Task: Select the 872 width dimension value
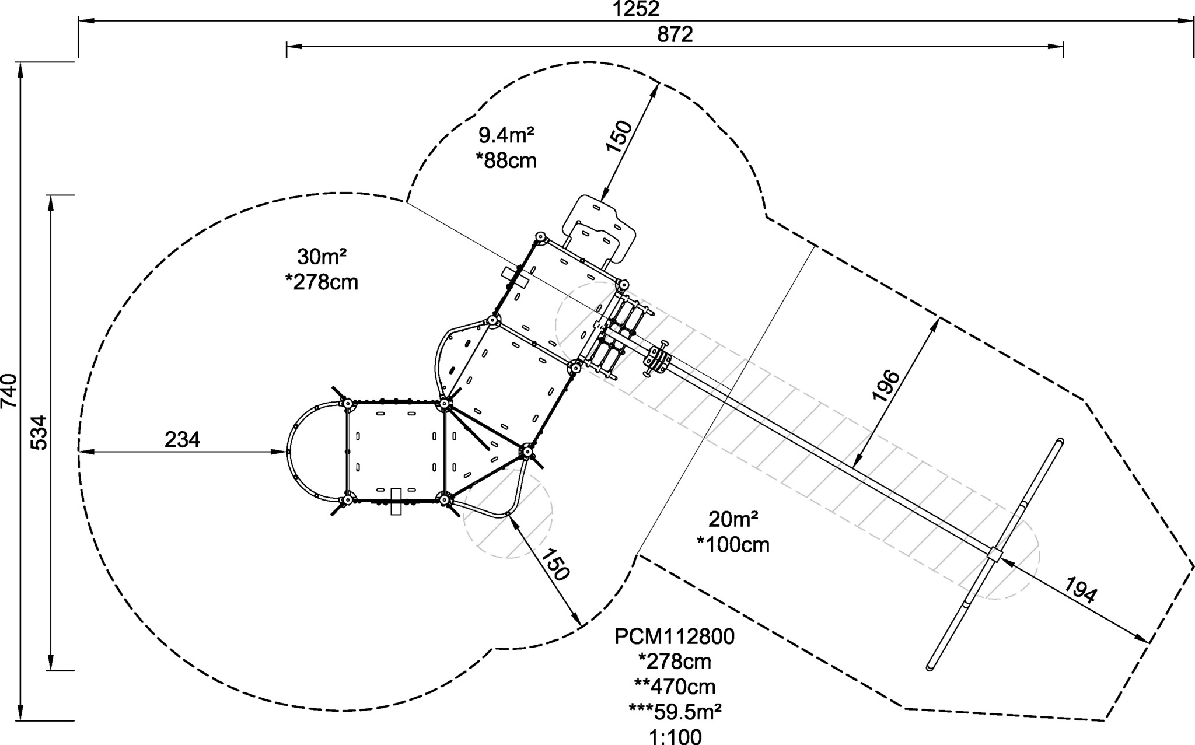[675, 34]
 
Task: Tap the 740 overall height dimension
[10, 391]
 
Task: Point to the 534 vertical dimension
[38, 432]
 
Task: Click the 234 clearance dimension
[182, 439]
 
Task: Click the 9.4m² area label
[506, 135]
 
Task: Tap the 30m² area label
[322, 257]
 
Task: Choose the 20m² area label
[733, 519]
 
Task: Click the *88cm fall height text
[506, 160]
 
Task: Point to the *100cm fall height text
[733, 545]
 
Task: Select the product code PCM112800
[675, 636]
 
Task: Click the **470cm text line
[675, 687]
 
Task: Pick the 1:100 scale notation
[675, 736]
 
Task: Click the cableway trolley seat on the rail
[658, 359]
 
